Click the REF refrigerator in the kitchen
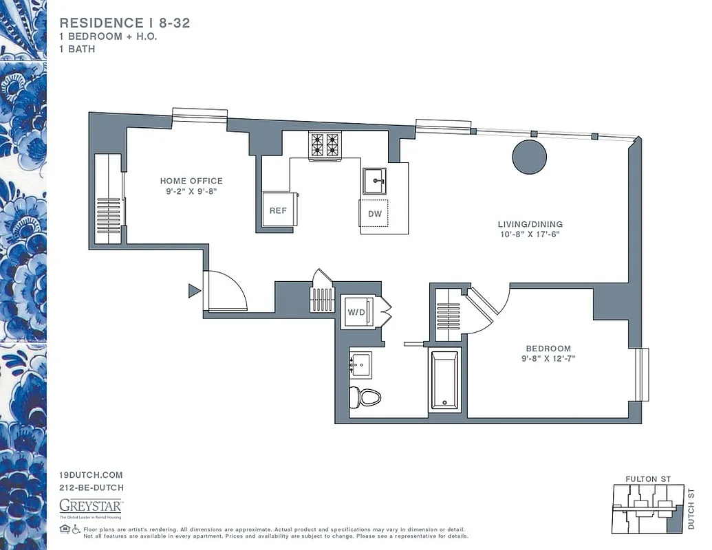(x=278, y=210)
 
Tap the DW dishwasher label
(x=374, y=214)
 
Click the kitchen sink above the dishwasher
(x=375, y=181)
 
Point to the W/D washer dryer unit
(x=358, y=312)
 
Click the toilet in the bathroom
(x=365, y=397)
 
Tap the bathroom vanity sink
(x=360, y=364)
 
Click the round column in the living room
(x=529, y=157)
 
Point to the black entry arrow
(x=194, y=291)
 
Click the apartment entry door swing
(x=226, y=291)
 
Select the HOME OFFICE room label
(x=191, y=181)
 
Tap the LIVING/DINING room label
(x=530, y=224)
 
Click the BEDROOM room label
(x=548, y=349)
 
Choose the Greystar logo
(x=90, y=507)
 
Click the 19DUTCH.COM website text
(x=91, y=475)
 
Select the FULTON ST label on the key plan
(x=647, y=478)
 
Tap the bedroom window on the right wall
(x=643, y=375)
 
